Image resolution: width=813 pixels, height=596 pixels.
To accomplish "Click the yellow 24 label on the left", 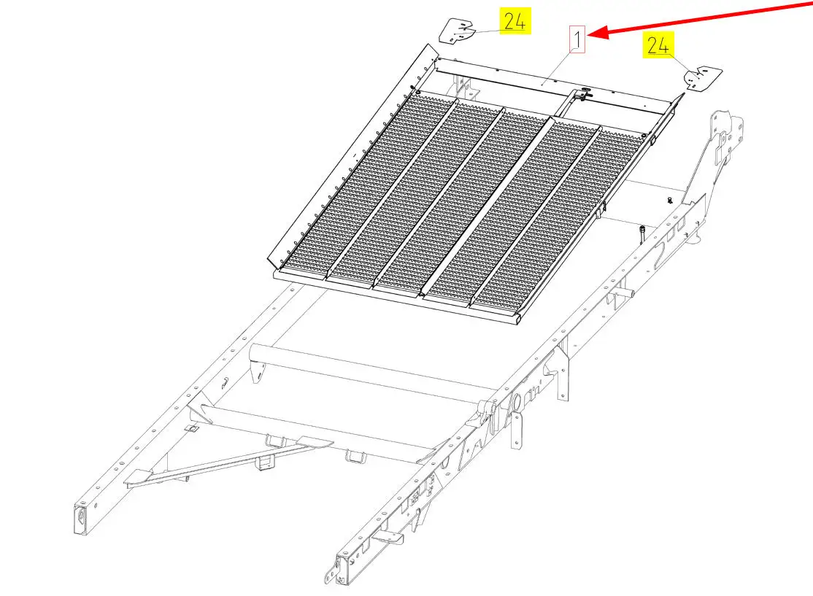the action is (515, 20).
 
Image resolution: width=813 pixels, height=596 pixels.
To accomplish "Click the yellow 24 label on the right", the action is (658, 45).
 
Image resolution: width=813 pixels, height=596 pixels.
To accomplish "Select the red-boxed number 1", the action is (577, 39).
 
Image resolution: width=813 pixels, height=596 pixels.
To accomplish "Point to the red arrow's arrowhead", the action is (597, 34).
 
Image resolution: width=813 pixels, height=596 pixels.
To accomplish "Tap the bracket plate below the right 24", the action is (703, 78).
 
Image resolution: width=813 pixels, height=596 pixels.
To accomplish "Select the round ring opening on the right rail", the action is (517, 402).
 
